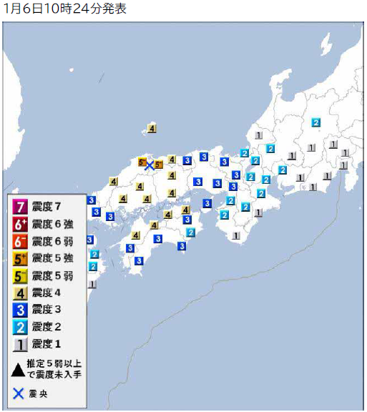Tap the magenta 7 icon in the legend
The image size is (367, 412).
pyautogui.click(x=19, y=207)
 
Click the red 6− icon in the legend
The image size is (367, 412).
pyautogui.click(x=19, y=241)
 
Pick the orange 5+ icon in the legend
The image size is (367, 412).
pyautogui.click(x=19, y=258)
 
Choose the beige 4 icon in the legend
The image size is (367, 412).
pyautogui.click(x=19, y=293)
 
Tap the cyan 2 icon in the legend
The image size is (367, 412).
pyautogui.click(x=19, y=327)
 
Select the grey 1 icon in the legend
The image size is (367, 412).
pyautogui.click(x=19, y=344)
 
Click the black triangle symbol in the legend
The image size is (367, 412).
pyautogui.click(x=19, y=369)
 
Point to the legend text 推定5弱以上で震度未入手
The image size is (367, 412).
pyautogui.click(x=56, y=369)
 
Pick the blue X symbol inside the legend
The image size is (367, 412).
pyautogui.click(x=19, y=393)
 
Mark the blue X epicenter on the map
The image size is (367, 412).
pyautogui.click(x=150, y=166)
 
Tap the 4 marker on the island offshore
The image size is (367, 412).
pyautogui.click(x=152, y=129)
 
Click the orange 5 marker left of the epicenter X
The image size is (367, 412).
pyautogui.click(x=142, y=162)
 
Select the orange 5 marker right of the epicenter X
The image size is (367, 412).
pyautogui.click(x=158, y=165)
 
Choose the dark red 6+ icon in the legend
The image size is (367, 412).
pyautogui.click(x=19, y=224)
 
